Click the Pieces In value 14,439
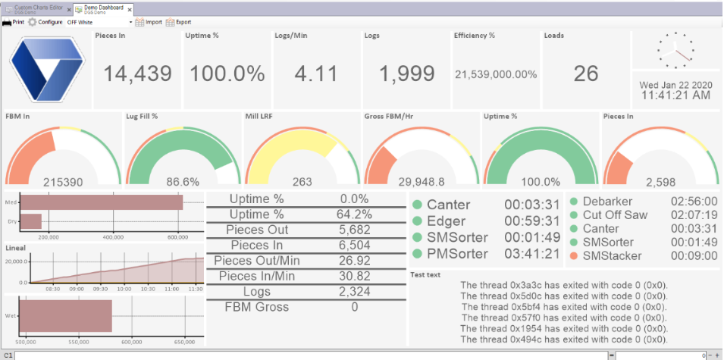coord(137,74)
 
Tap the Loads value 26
coord(585,74)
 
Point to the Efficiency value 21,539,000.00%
coord(495,74)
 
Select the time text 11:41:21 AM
coord(675,95)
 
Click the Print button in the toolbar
coord(14,22)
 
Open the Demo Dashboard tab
coord(102,9)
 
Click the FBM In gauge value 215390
coord(63,182)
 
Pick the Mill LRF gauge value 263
coord(302,182)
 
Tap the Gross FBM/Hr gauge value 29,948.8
coord(422,182)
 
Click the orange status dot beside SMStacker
coord(574,256)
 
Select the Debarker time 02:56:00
coord(694,202)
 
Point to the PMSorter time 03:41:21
coord(531,252)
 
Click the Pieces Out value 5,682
coord(355,230)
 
